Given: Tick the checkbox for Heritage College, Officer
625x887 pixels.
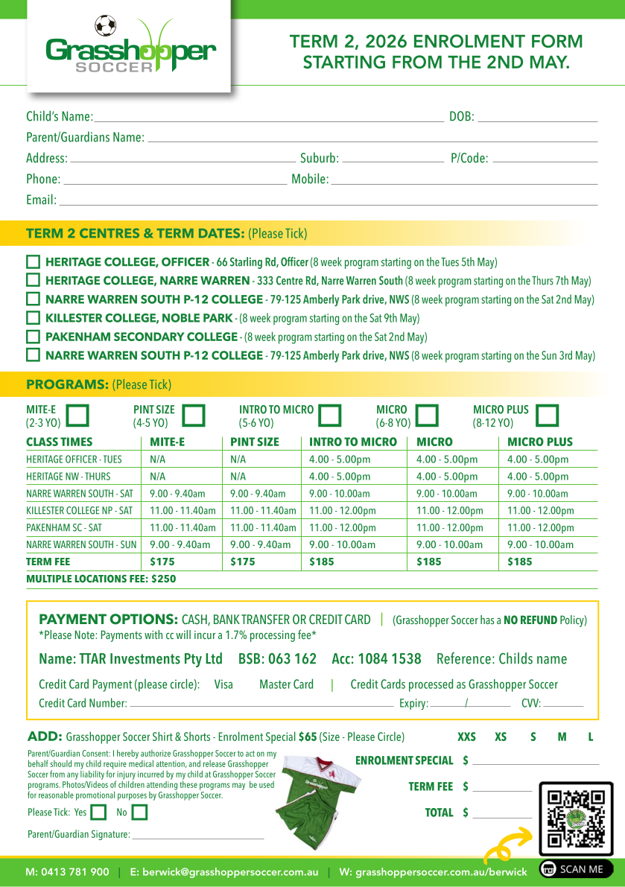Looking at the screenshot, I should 33,262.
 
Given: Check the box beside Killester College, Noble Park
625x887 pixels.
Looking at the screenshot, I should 33,318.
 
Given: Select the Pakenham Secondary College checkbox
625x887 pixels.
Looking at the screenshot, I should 33,337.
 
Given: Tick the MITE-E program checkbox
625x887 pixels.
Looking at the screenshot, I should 77,415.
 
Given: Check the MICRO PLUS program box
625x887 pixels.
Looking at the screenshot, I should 548,415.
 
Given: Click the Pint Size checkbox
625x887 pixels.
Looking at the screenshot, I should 194,415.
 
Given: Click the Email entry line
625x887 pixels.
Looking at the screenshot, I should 328,201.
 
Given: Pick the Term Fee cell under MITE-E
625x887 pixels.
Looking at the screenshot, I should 162,562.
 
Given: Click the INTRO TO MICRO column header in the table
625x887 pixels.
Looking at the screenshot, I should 353,442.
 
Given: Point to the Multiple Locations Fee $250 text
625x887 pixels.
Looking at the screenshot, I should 101,578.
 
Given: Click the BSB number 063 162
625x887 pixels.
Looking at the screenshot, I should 277,659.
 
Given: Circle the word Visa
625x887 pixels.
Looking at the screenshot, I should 223,684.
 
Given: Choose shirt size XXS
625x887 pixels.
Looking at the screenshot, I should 466,737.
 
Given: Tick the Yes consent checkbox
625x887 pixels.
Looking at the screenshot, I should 98,813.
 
